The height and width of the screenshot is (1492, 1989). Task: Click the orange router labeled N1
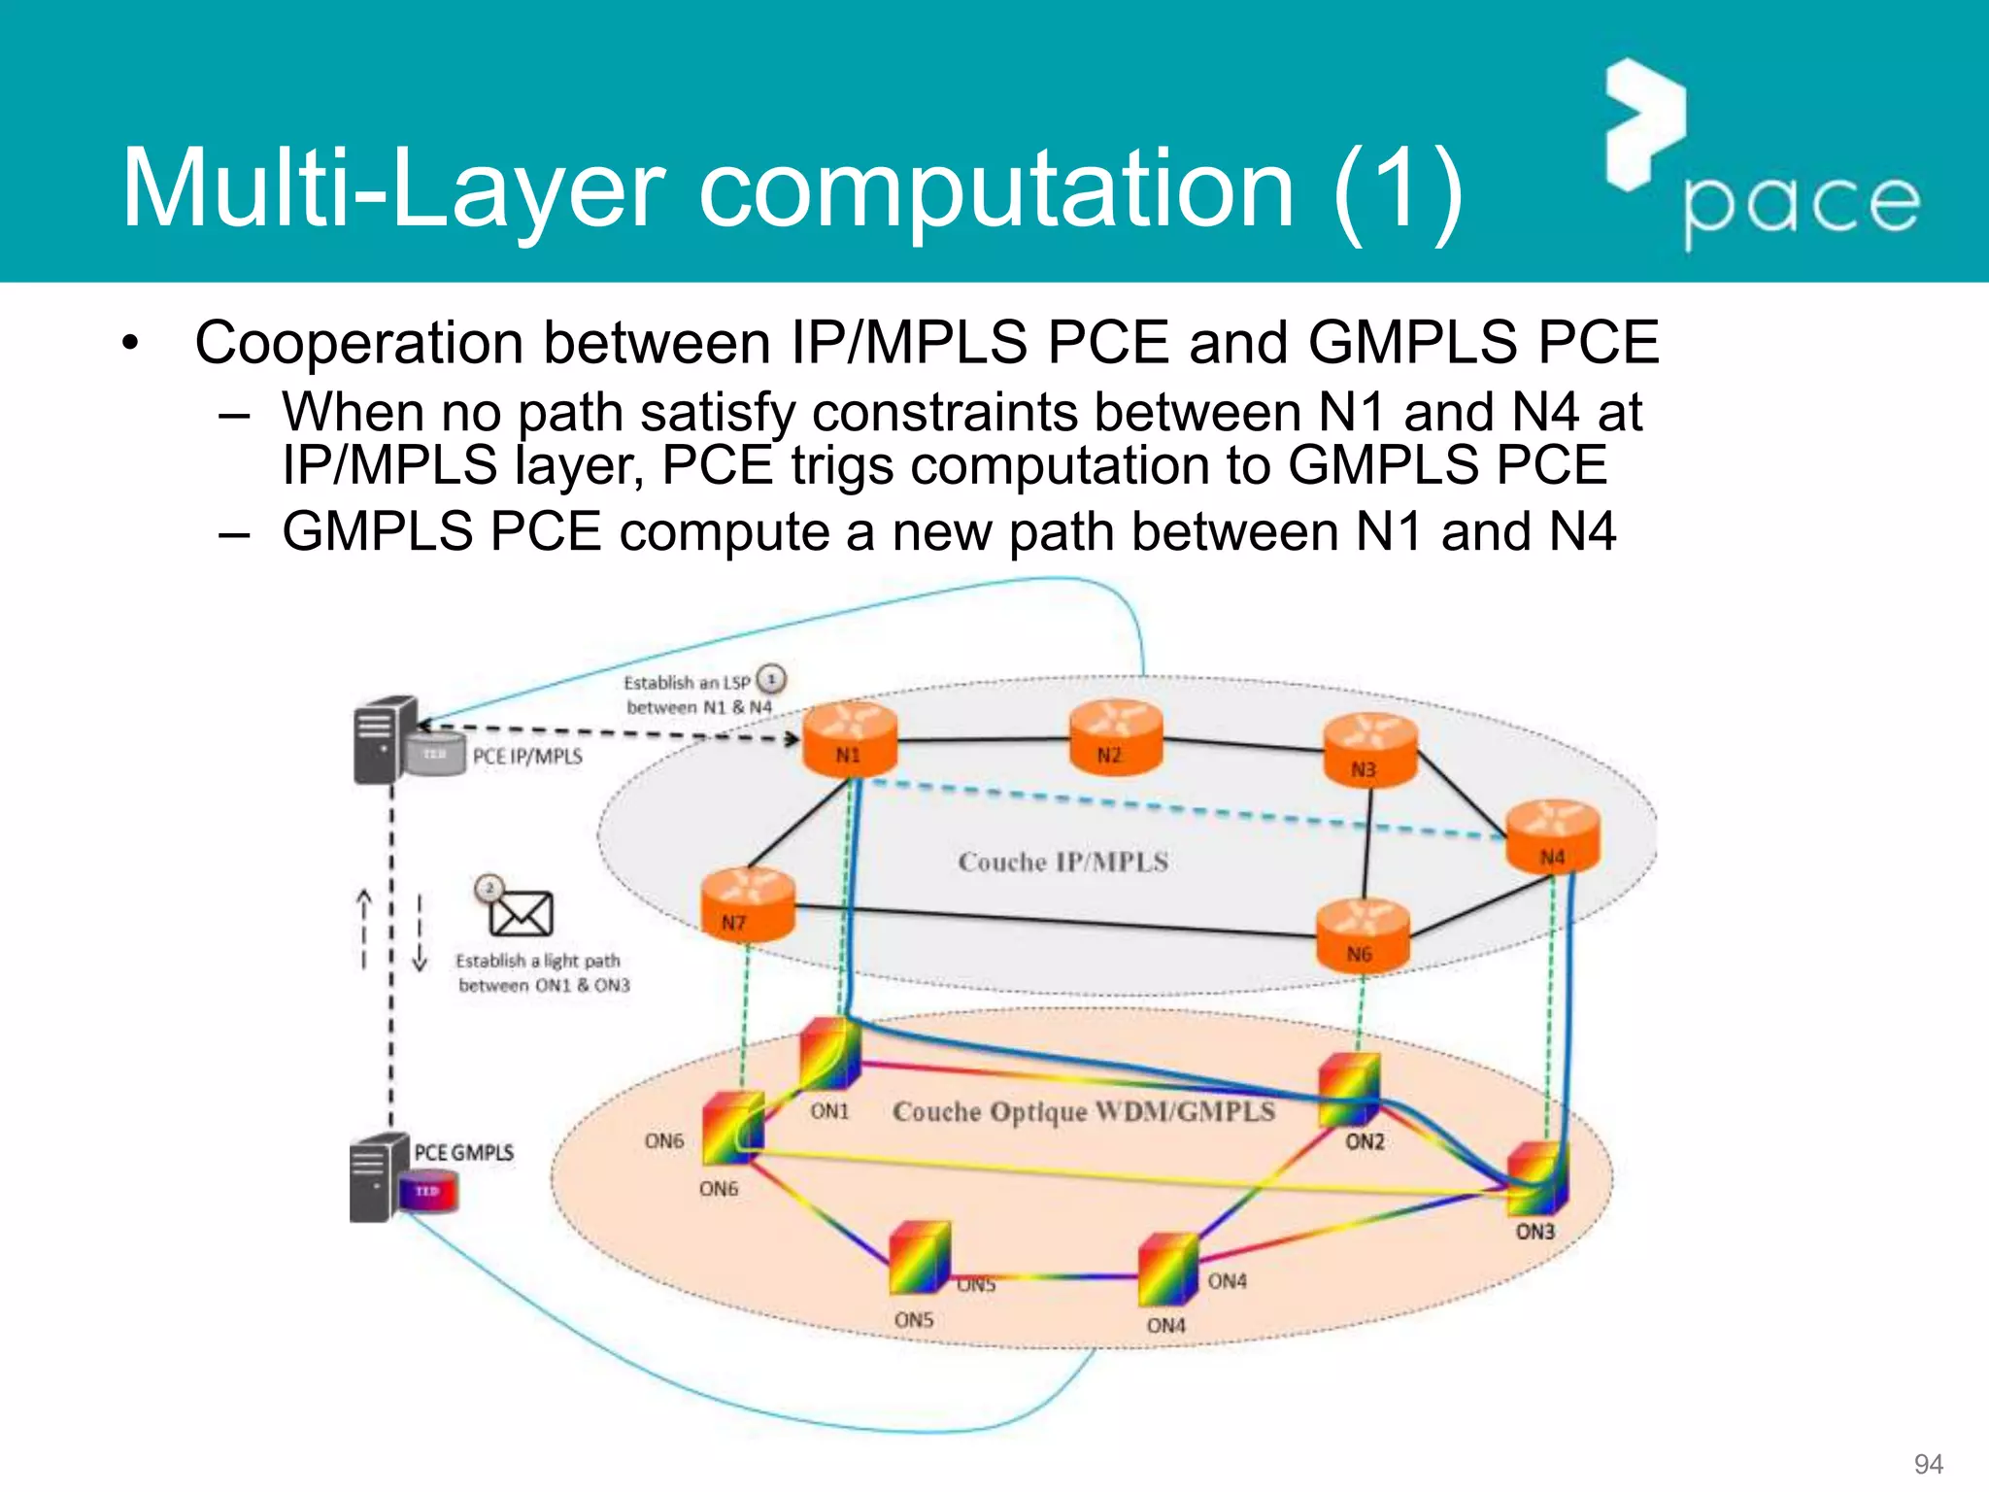[850, 738]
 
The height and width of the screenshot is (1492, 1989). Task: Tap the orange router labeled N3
[1370, 748]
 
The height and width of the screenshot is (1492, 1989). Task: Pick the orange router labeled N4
[1552, 836]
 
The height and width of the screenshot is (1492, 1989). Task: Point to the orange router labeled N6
[1363, 934]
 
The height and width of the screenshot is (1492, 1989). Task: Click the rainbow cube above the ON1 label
[831, 1054]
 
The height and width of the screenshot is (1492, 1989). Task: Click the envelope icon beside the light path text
[521, 913]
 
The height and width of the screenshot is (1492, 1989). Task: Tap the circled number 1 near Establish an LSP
[771, 679]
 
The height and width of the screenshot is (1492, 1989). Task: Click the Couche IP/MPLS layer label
[1062, 862]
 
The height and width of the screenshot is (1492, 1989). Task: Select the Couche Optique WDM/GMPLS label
[1083, 1111]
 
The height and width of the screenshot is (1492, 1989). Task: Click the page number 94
[1927, 1464]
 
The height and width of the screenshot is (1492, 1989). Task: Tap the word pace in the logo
[1802, 206]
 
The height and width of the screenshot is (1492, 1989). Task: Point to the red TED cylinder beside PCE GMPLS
[428, 1192]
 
